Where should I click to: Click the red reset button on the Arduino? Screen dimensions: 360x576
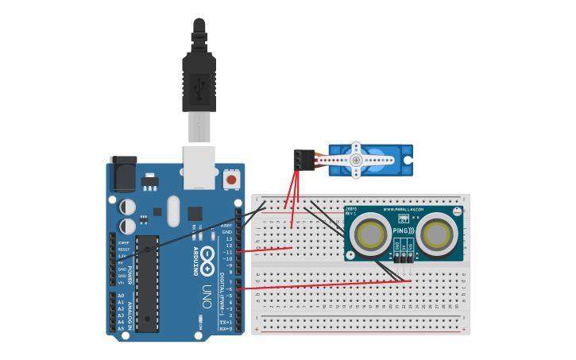tap(231, 180)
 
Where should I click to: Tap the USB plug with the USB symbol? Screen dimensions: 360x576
tap(199, 83)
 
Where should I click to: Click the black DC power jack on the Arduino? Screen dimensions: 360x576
tap(122, 174)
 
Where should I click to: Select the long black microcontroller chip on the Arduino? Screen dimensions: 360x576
tap(147, 283)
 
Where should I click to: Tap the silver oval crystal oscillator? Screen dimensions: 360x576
tap(173, 211)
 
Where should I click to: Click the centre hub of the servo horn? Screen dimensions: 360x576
tap(356, 160)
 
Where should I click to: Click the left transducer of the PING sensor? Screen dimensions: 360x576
tap(370, 234)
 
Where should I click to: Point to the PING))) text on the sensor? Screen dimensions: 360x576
tap(403, 230)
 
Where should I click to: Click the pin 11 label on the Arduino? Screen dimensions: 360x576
tap(229, 252)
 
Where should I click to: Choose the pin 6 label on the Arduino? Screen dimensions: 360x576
tap(230, 288)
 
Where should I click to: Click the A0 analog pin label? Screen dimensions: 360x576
tap(121, 295)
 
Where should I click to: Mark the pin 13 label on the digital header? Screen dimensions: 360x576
tap(229, 238)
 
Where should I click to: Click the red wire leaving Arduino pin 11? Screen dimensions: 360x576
tap(266, 250)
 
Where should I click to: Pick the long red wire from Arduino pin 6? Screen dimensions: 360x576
tap(326, 285)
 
